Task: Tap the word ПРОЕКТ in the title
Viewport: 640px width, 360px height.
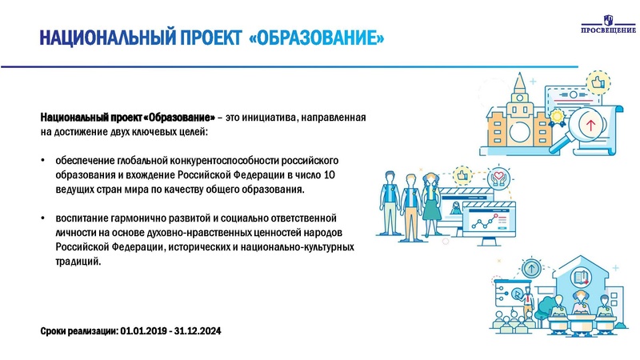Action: tap(200, 38)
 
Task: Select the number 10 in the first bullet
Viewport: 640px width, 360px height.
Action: tap(338, 174)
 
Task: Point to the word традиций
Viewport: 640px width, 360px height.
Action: tap(78, 261)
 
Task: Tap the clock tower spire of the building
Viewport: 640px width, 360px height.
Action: tap(519, 82)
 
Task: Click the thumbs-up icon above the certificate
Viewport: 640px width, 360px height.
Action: tap(595, 82)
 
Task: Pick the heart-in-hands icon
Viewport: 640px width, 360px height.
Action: tap(500, 177)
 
